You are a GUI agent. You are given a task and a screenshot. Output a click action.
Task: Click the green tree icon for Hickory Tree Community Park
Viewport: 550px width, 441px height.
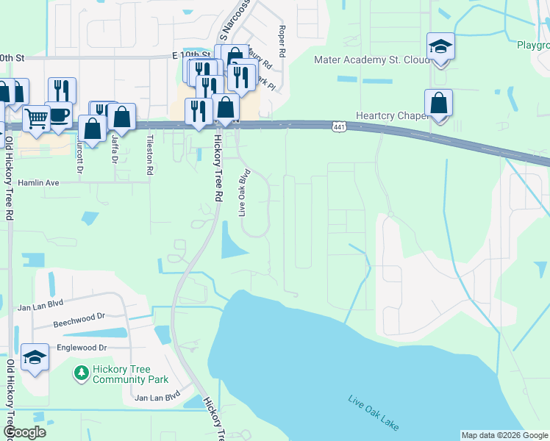(x=80, y=374)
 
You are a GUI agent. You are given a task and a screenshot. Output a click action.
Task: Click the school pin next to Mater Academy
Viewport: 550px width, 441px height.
(x=440, y=47)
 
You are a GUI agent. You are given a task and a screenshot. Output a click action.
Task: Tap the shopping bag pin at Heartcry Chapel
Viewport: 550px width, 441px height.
(x=438, y=104)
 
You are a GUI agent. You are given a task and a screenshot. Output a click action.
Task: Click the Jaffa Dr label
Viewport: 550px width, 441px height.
(x=115, y=151)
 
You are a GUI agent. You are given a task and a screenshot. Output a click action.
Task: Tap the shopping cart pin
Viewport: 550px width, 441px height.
(x=35, y=118)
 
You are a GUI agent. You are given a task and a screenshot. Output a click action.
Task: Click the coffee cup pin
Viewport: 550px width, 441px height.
(x=58, y=115)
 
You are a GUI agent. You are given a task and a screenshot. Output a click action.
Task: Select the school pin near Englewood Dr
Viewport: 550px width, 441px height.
(x=35, y=358)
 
